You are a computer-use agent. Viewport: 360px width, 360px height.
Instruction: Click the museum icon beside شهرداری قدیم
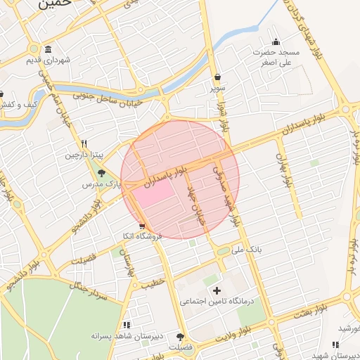click(47, 49)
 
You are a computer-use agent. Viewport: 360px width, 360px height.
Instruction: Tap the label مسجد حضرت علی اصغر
click(277, 58)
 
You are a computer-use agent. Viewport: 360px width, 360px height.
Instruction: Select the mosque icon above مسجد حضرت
click(276, 41)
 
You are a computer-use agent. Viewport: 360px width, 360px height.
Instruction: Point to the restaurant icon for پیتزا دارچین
click(84, 142)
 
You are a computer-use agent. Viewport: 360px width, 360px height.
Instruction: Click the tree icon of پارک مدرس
click(101, 173)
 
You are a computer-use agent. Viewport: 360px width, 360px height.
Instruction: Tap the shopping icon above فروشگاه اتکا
click(143, 226)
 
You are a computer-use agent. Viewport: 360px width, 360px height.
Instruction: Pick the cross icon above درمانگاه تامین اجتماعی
click(216, 290)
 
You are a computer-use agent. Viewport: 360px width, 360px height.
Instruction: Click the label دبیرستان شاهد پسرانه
click(127, 336)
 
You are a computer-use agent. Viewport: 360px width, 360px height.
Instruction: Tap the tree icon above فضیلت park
click(181, 337)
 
